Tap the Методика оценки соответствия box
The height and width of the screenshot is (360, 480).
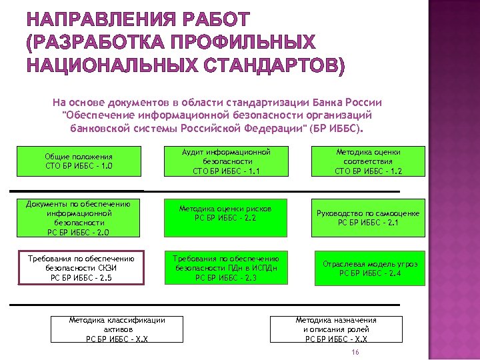click(x=368, y=161)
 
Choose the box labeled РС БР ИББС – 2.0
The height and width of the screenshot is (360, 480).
click(x=79, y=218)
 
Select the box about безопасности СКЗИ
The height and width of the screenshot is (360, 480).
click(x=81, y=268)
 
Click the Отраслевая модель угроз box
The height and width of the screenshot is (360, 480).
click(x=370, y=268)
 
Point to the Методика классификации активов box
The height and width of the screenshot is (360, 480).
click(x=117, y=329)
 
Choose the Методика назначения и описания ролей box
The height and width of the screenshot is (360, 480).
click(x=336, y=329)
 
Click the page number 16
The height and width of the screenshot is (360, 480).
click(x=355, y=352)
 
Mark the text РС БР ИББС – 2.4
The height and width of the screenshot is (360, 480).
click(x=370, y=273)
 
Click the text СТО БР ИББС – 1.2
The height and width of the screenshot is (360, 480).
click(x=368, y=171)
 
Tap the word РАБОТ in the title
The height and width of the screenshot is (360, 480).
click(x=212, y=20)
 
